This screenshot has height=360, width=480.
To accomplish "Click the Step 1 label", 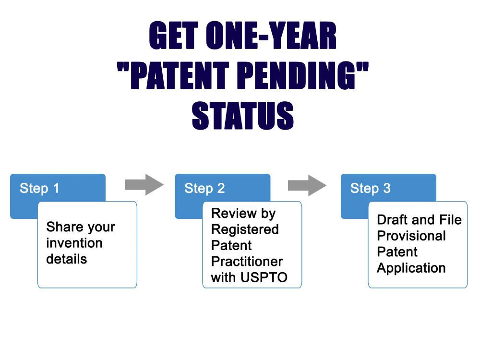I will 39,188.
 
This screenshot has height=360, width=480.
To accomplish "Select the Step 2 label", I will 204,188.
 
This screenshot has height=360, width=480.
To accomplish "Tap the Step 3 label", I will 370,188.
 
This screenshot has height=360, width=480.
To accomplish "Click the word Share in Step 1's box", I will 64,227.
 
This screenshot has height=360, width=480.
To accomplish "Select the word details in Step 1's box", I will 67,259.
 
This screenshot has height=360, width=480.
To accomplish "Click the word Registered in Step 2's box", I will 245,229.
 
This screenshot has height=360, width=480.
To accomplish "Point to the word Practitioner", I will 247,262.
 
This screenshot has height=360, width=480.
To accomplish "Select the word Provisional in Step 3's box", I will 411,236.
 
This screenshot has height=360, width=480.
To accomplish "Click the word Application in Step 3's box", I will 411,268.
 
